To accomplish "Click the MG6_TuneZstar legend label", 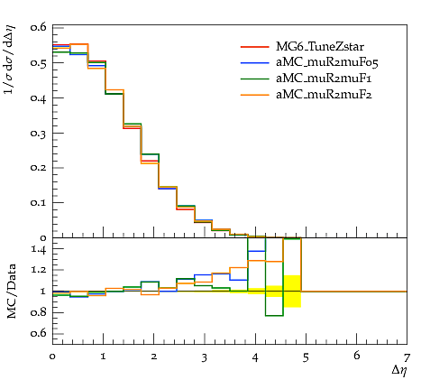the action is click(x=320, y=47).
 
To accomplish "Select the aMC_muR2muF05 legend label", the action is click(x=327, y=62).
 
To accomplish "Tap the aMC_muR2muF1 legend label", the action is click(x=324, y=79).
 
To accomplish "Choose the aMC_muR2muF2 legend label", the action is click(x=324, y=95).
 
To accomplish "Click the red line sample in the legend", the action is click(x=254, y=47).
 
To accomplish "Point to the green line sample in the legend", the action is click(x=254, y=79).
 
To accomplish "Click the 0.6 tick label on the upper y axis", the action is click(x=39, y=27).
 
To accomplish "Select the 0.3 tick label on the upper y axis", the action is click(x=39, y=133).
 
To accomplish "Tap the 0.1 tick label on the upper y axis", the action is click(x=39, y=203).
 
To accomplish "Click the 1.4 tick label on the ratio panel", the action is click(x=39, y=249).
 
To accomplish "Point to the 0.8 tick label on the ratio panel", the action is click(x=39, y=312).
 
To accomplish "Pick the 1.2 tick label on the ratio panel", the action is click(x=39, y=270).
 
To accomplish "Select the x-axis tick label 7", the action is click(x=407, y=357).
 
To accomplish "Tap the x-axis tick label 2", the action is click(x=154, y=357).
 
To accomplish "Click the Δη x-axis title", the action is click(x=399, y=371).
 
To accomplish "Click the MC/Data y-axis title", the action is click(x=11, y=292).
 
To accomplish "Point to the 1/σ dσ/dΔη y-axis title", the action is click(x=10, y=60).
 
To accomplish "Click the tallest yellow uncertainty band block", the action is click(x=292, y=292).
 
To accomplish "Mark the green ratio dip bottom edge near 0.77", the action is click(x=274, y=316).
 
